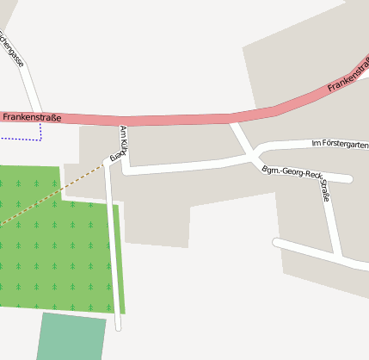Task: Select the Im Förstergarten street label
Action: pyautogui.click(x=340, y=143)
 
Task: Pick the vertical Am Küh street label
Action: pyautogui.click(x=124, y=139)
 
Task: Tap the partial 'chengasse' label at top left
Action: pyautogui.click(x=14, y=48)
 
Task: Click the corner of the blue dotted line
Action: pyautogui.click(x=40, y=138)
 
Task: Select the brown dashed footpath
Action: pyautogui.click(x=52, y=195)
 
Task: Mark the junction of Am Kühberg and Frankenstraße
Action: pyautogui.click(x=124, y=121)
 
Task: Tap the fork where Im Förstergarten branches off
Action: pyautogui.click(x=255, y=154)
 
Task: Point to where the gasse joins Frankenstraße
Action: pyautogui.click(x=37, y=116)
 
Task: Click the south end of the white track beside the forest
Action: pyautogui.click(x=118, y=327)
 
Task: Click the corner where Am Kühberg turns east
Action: pyautogui.click(x=126, y=170)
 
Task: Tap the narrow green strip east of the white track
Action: pyautogui.click(x=120, y=258)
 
